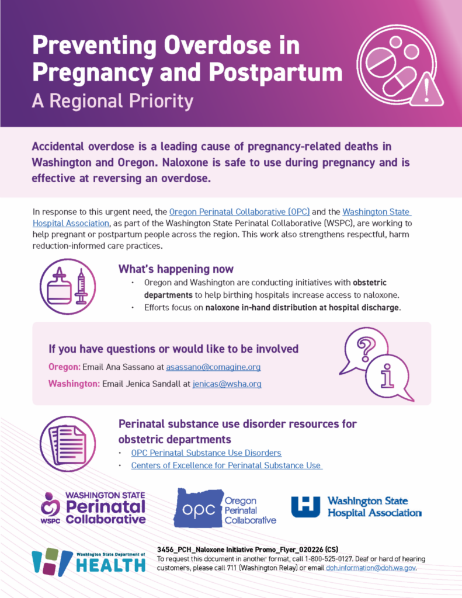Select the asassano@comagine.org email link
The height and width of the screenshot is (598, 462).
click(x=213, y=367)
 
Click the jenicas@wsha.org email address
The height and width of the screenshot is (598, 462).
click(x=227, y=384)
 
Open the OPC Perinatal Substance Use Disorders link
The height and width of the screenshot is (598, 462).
click(x=206, y=453)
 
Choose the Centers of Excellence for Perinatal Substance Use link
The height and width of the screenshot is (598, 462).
click(x=226, y=465)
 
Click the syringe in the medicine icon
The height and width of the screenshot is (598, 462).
click(x=81, y=286)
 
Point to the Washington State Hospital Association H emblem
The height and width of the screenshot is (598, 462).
click(x=305, y=507)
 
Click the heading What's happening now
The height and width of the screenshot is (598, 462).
click(x=176, y=269)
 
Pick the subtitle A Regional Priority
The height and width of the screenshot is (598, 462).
click(x=112, y=102)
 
